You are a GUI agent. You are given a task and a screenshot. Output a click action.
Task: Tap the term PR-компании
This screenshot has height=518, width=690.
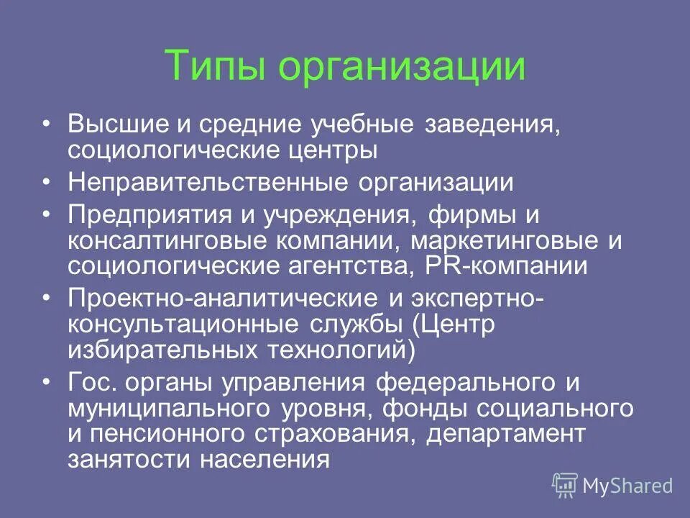coord(511,265)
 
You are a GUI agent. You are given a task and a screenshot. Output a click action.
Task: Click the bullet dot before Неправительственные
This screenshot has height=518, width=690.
coord(47,181)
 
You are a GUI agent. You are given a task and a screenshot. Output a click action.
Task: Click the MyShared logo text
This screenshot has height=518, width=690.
coord(627,486)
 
